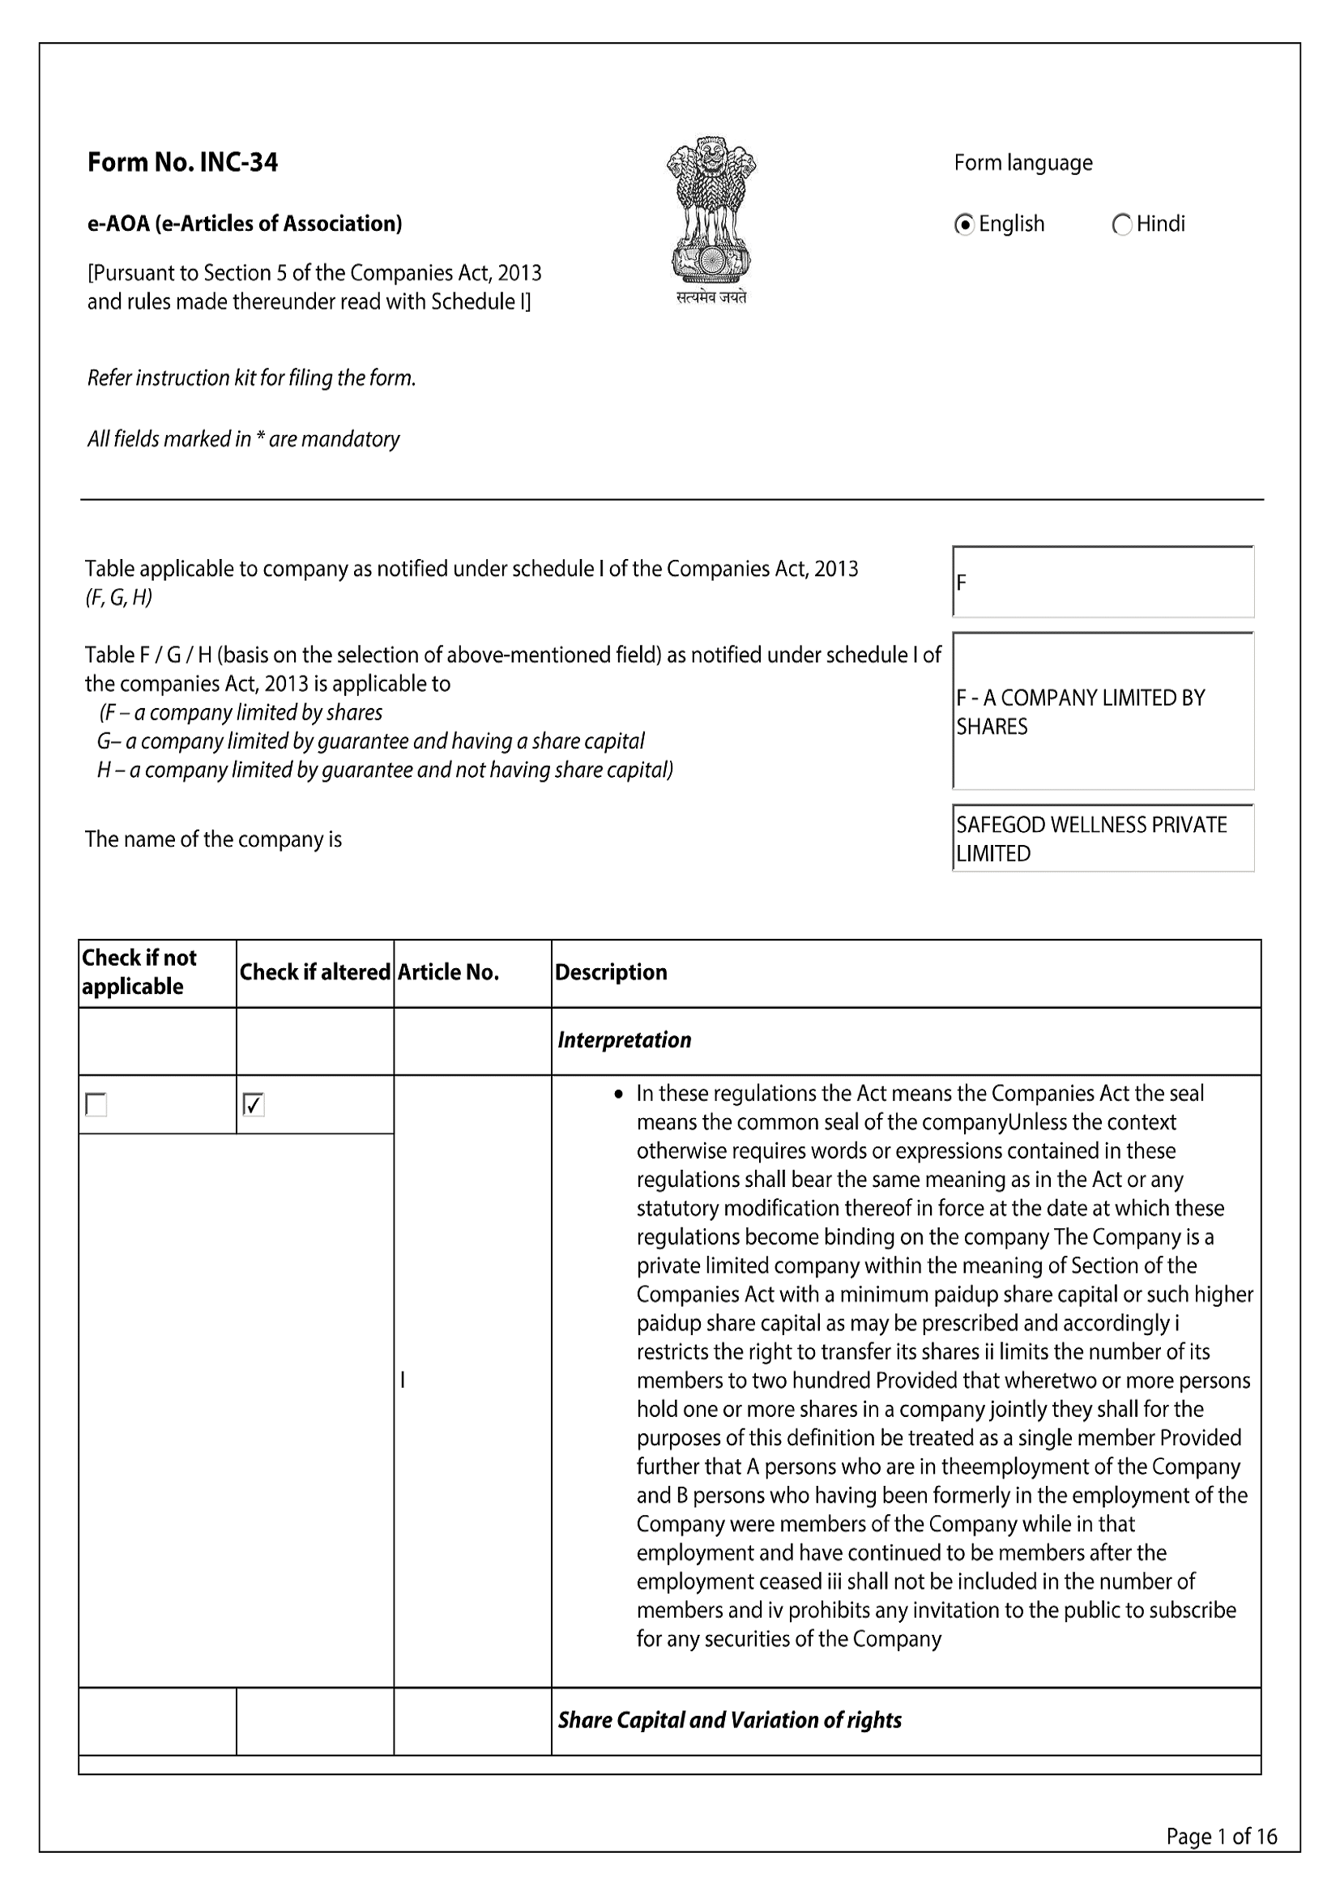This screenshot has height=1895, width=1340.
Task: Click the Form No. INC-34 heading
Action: pos(182,163)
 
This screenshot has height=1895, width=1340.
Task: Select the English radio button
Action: pos(964,224)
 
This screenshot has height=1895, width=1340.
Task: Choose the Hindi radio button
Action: pos(1122,224)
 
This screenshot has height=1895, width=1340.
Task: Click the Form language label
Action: pos(1022,163)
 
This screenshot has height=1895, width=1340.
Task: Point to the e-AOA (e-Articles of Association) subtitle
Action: pos(244,224)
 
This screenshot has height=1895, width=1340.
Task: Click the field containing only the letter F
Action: pos(1103,583)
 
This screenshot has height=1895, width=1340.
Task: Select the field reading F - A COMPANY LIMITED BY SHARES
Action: pos(1103,711)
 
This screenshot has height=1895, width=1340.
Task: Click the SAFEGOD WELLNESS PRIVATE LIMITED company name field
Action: pos(1103,839)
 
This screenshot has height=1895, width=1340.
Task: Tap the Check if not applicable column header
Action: pos(139,972)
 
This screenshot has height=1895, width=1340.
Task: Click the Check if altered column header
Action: pos(314,972)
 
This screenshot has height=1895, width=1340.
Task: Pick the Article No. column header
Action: pos(448,972)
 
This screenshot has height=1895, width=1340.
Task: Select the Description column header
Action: pos(611,972)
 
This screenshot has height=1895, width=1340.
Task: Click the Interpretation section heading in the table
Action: pos(624,1040)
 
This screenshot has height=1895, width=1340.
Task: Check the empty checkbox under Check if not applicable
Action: pos(96,1104)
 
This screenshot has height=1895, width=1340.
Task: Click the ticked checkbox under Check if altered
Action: pos(254,1104)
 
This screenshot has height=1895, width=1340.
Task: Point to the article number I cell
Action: pos(403,1379)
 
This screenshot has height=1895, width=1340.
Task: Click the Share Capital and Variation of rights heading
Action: pos(729,1720)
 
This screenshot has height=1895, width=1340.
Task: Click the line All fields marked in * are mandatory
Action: pos(243,439)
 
